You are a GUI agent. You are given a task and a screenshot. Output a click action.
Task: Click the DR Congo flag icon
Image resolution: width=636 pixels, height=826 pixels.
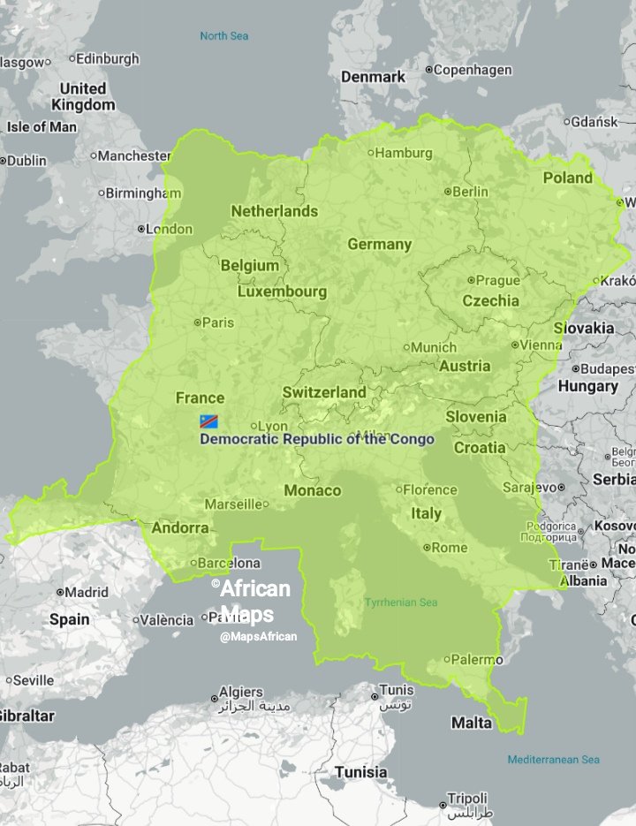[208, 421]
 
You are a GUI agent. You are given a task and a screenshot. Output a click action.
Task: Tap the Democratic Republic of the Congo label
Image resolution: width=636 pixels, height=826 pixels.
[317, 439]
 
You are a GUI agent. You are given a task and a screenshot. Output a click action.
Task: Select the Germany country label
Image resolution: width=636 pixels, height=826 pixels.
[379, 244]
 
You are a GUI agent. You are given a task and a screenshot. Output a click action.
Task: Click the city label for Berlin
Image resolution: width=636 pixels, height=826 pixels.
[469, 192]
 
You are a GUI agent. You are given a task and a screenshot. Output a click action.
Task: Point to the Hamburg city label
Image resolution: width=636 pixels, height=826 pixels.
[403, 153]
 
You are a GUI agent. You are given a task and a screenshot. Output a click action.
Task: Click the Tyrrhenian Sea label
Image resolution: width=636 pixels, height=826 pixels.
[401, 602]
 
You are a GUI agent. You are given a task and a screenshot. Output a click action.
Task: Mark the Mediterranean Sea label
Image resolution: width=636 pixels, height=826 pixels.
[553, 760]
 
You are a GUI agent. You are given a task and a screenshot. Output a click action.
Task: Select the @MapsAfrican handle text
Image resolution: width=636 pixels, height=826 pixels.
[259, 636]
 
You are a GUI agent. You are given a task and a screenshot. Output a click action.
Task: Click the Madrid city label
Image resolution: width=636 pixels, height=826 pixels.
[87, 592]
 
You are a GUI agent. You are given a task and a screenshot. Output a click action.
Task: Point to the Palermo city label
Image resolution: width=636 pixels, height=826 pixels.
[475, 659]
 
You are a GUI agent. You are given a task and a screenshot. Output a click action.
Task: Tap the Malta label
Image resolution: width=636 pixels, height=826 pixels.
[472, 723]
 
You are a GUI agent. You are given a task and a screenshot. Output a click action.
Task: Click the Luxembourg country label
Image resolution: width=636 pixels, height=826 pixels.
[282, 292]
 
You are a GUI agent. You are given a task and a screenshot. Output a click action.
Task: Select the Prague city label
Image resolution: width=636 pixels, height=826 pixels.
[497, 281]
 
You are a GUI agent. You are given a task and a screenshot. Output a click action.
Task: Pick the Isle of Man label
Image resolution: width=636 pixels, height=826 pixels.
[42, 126]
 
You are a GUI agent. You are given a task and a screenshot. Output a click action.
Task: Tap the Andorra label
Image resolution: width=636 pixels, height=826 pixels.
[180, 528]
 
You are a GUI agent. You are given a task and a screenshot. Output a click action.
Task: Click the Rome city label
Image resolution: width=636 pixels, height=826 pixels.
[449, 548]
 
